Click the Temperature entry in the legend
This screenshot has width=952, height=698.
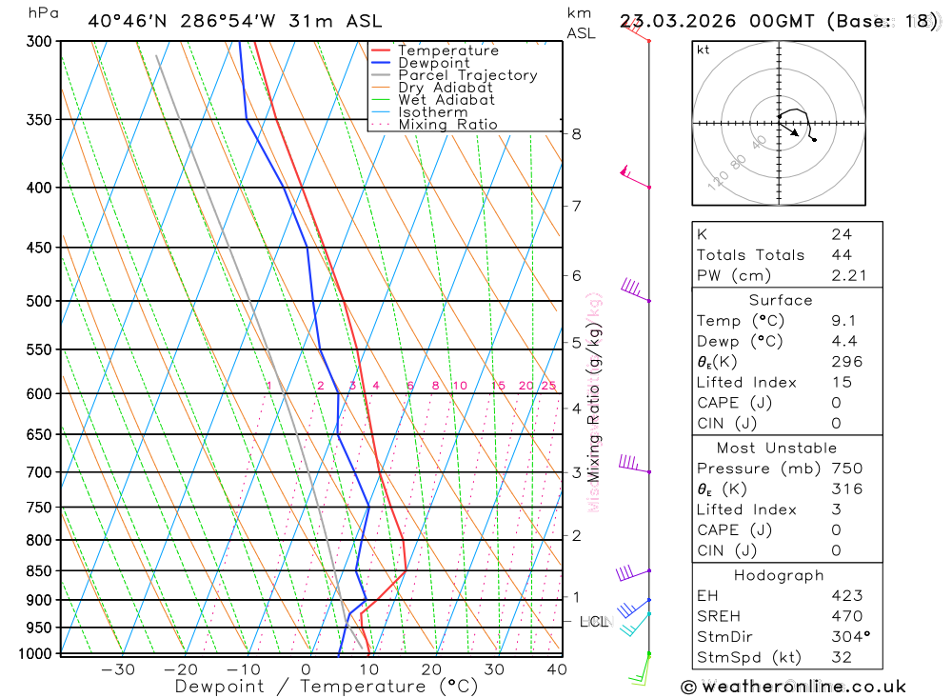click(447, 50)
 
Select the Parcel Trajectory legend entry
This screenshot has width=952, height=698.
click(467, 75)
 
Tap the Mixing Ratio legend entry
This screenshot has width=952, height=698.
click(447, 125)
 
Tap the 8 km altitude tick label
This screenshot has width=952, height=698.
click(577, 134)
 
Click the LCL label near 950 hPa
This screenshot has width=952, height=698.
click(593, 622)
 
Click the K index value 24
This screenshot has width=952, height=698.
click(841, 234)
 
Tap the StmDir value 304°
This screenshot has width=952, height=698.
click(848, 637)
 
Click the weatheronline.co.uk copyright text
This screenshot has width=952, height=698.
click(793, 687)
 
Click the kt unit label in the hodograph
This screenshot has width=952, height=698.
click(704, 50)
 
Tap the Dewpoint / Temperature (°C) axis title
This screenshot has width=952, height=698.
click(327, 687)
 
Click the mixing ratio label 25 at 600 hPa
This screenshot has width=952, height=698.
click(548, 386)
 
